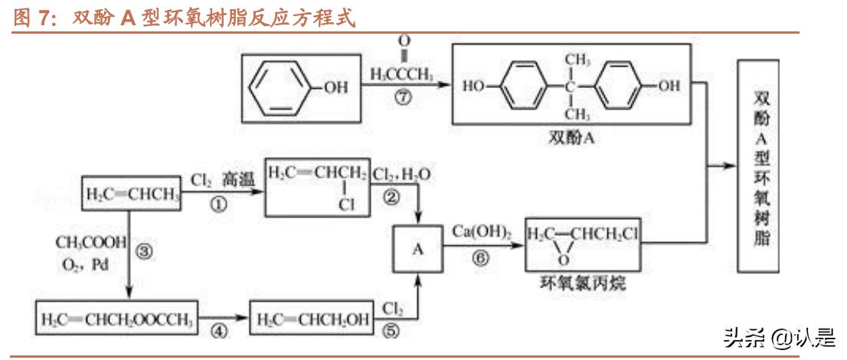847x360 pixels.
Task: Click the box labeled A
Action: click(418, 248)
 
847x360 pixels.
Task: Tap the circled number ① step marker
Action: click(218, 205)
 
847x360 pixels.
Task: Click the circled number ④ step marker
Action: click(219, 332)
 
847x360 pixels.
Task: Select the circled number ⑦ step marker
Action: click(401, 100)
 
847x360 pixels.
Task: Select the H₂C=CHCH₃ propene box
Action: click(132, 192)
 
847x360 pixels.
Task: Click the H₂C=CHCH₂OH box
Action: click(312, 316)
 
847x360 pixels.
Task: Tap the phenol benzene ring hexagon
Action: click(281, 87)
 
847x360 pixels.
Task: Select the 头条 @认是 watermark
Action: click(776, 337)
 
